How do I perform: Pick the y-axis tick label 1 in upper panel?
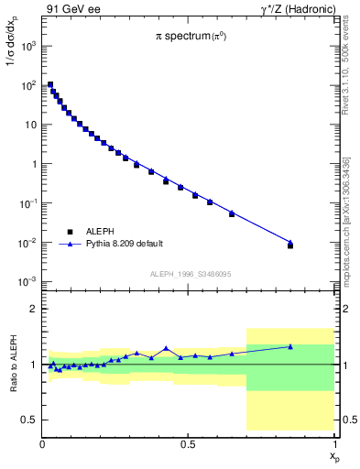(x=33, y=164)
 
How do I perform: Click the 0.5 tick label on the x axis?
(x=188, y=444)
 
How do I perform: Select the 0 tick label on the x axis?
(x=43, y=444)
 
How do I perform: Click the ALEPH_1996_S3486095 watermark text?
(x=190, y=275)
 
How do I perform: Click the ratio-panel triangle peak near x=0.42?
(x=166, y=348)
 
